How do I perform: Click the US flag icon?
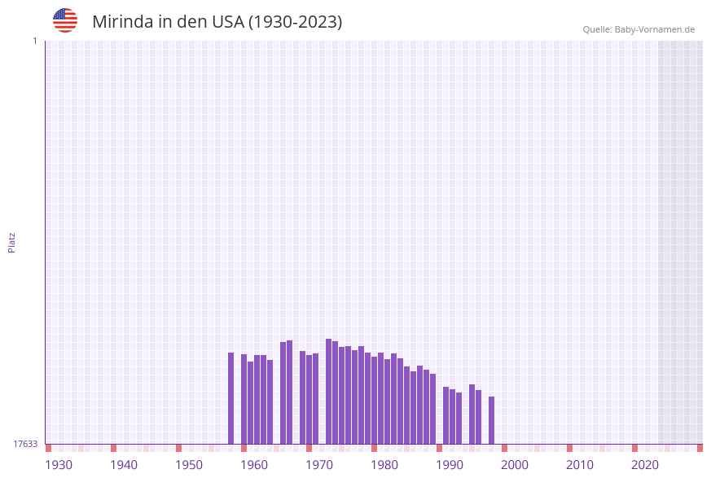click(x=65, y=20)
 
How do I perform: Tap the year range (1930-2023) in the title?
click(x=295, y=22)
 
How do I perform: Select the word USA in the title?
click(x=227, y=22)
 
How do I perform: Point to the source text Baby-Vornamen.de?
click(x=655, y=29)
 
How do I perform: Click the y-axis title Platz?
click(x=12, y=242)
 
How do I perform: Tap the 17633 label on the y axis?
click(x=25, y=444)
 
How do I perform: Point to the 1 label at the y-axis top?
click(x=34, y=41)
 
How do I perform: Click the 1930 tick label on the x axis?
click(x=59, y=465)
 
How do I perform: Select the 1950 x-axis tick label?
click(x=189, y=465)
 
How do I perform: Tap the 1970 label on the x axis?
click(x=319, y=465)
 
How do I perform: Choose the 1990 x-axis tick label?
click(x=450, y=465)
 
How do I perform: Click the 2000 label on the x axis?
click(x=515, y=465)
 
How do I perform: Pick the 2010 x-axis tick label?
click(x=580, y=465)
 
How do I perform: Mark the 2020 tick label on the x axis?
click(x=645, y=465)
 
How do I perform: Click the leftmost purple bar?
click(x=230, y=398)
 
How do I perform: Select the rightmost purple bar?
click(x=491, y=420)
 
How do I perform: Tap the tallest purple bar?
click(x=328, y=391)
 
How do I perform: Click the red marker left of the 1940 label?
click(x=113, y=448)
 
